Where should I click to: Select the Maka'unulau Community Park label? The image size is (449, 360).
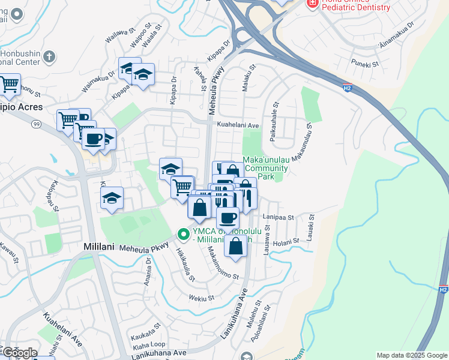(x=266, y=169)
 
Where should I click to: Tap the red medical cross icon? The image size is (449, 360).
(x=312, y=3)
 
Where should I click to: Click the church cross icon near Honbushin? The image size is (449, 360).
(x=50, y=57)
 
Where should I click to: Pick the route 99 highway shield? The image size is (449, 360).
(x=37, y=123)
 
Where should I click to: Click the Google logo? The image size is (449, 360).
(x=19, y=353)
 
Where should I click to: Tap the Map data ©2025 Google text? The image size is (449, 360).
(x=412, y=355)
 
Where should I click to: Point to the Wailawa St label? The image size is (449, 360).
(x=118, y=35)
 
